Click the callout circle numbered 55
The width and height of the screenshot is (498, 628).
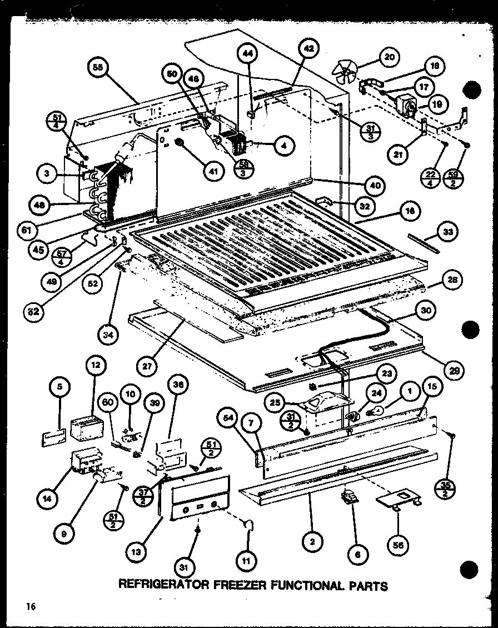pos(98,68)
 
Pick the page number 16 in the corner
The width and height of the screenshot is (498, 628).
pos(29,607)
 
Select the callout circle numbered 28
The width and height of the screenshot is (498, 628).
pos(452,280)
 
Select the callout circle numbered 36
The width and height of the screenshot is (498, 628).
pos(178,385)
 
